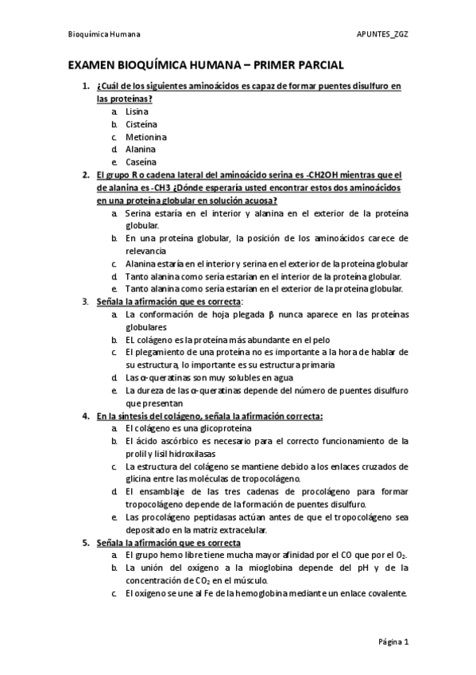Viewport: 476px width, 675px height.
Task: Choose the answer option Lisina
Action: coord(137,112)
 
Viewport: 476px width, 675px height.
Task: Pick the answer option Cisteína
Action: coord(141,124)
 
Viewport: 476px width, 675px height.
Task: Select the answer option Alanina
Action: coord(141,149)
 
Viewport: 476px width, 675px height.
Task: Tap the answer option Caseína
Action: coord(141,162)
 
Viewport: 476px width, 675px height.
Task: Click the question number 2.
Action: coord(85,174)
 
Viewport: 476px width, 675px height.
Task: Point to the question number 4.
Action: coord(85,416)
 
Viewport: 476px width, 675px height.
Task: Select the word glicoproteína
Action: coord(204,428)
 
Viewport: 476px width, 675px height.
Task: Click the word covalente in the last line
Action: coord(388,592)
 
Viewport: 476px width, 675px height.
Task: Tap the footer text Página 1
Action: coord(393,641)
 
